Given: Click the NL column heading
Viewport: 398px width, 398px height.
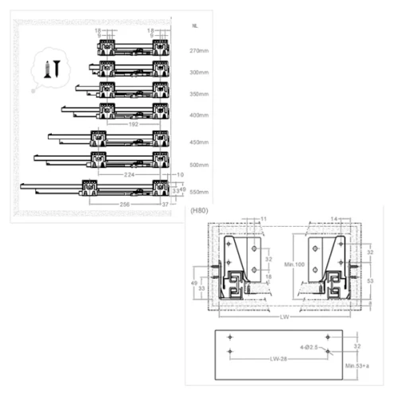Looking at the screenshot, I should (195, 26).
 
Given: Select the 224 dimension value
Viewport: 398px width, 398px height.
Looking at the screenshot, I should (129, 173).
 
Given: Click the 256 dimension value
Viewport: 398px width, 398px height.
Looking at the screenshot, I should (123, 205).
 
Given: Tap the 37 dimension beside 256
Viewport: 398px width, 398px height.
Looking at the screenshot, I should (166, 205).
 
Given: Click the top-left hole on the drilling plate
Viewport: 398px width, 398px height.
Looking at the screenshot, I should (230, 338).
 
